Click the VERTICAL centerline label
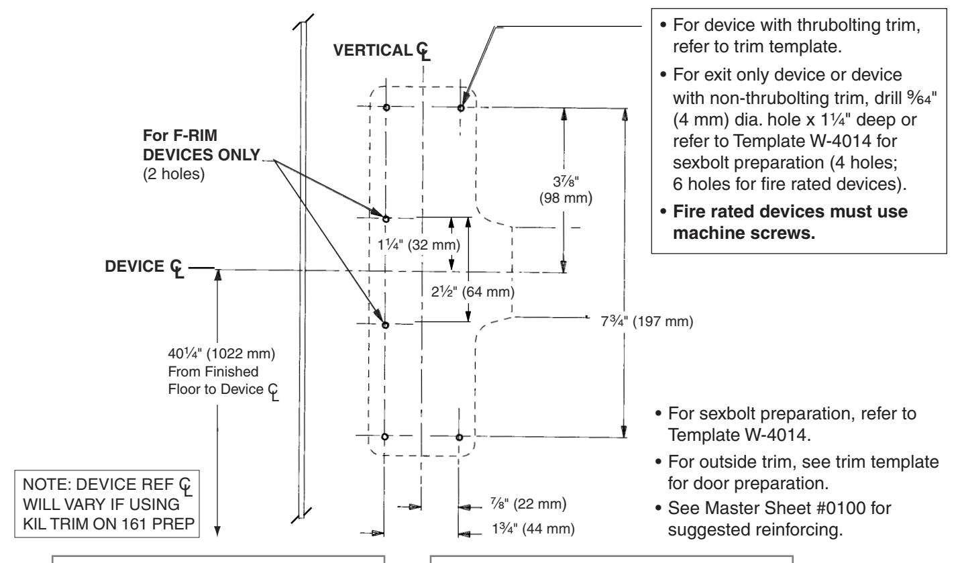[382, 50]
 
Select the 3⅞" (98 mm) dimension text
[566, 189]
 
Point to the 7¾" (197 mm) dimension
[647, 321]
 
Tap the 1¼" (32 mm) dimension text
[419, 245]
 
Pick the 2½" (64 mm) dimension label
[473, 292]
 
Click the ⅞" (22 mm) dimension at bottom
[529, 503]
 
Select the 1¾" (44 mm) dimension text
[533, 528]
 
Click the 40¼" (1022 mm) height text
[221, 354]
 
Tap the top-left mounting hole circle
[386, 107]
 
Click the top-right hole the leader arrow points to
[461, 108]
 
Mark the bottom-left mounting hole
[384, 436]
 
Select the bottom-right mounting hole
[459, 438]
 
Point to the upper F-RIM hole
[386, 219]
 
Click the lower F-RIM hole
[385, 325]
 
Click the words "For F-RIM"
[180, 136]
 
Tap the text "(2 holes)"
[174, 174]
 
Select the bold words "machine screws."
[744, 234]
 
